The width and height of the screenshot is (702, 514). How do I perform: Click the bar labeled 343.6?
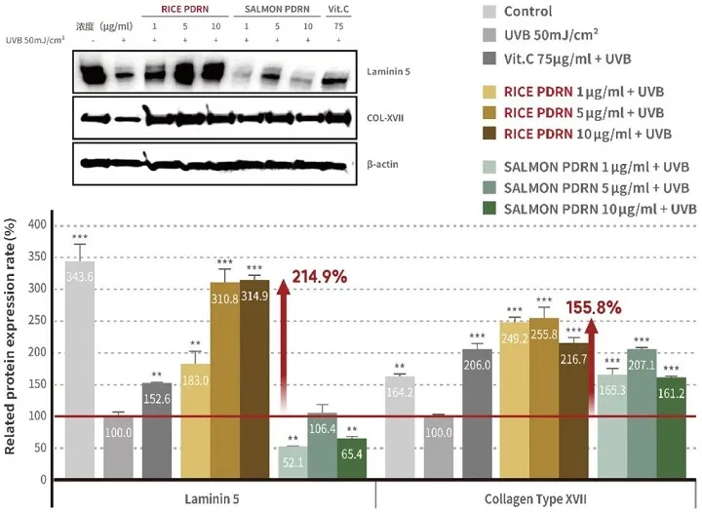pos(79,371)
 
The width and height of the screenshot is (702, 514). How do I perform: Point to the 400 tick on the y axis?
pos(36,225)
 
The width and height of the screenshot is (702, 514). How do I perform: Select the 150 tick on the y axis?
pos(36,385)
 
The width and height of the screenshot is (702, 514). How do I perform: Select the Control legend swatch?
pos(494,12)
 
